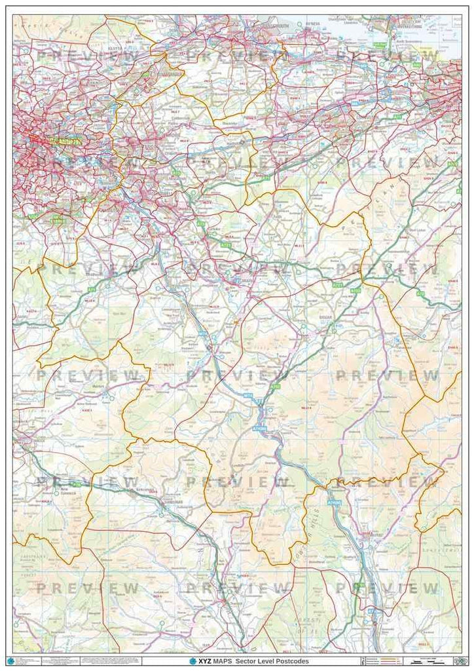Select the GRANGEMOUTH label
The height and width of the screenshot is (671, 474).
(x=244, y=28)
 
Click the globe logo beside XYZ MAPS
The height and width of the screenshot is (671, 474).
(x=192, y=661)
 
